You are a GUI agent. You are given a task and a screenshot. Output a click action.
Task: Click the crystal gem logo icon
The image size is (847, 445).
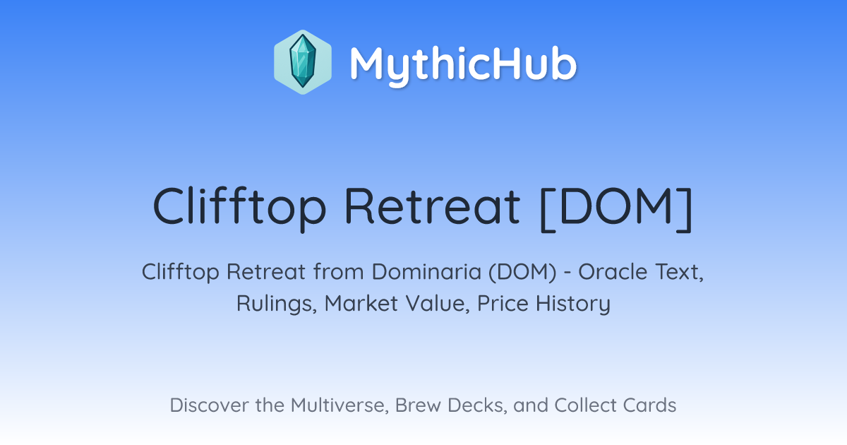[303, 62]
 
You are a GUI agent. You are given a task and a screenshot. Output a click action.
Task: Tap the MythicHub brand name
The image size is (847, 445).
[463, 64]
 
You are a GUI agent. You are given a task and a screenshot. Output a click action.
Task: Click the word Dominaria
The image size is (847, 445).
[426, 272]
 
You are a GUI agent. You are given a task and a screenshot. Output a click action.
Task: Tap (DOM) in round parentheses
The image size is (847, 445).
[522, 272]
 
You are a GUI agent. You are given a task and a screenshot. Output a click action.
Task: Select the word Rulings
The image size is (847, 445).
[277, 304]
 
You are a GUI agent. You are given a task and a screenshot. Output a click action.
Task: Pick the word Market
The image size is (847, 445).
[361, 303]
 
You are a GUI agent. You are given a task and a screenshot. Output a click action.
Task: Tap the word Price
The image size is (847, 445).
[503, 303]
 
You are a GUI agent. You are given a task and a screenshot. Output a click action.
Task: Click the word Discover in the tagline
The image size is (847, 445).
[210, 405]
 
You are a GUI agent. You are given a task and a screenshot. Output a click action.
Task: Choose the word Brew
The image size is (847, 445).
[418, 405]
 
